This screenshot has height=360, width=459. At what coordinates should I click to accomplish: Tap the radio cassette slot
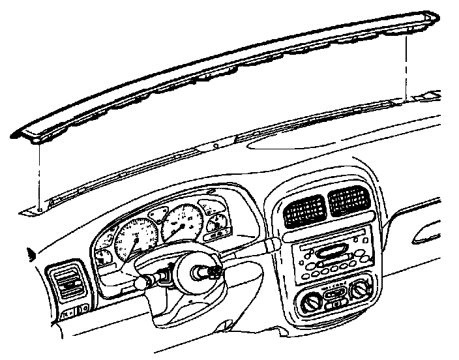click(x=334, y=251)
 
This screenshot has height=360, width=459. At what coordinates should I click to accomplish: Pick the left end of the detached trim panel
click(x=20, y=134)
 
